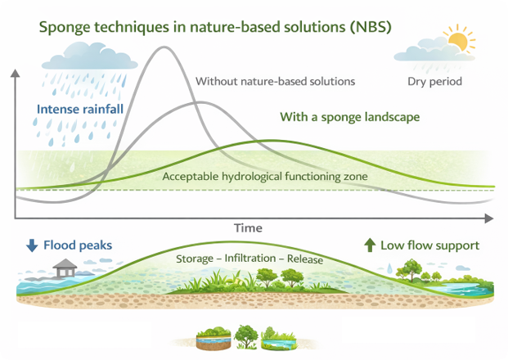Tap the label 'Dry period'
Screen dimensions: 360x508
coord(435,82)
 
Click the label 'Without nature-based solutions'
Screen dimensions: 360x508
coord(275,82)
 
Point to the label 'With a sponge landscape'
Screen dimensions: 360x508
coord(349,117)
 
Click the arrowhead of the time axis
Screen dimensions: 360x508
coord(489,218)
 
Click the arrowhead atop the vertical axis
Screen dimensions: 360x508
coord(15,75)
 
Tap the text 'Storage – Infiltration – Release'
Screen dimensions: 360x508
coord(250,260)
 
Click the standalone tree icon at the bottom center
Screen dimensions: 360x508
coord(245,335)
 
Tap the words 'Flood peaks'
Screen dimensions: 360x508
coord(78,245)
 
